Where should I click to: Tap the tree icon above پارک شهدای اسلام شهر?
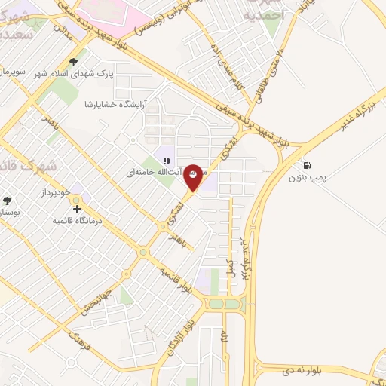(x=73, y=62)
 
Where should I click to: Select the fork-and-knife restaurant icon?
(x=167, y=159)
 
